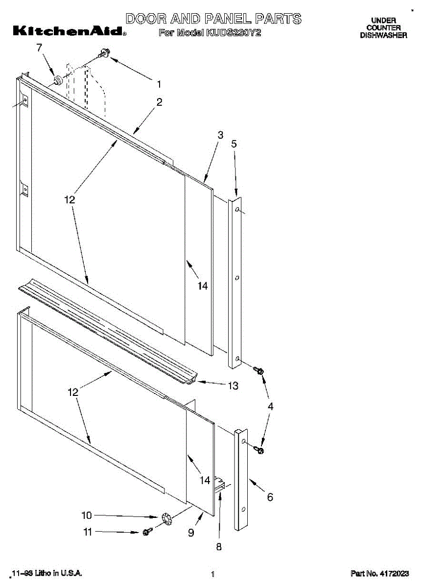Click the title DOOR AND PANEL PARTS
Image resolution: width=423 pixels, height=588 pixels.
(213, 19)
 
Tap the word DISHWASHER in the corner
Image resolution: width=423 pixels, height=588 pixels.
(383, 35)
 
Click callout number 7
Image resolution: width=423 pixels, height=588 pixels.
(40, 48)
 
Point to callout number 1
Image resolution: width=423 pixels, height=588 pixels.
(159, 84)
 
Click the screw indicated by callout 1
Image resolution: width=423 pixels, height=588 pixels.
(104, 54)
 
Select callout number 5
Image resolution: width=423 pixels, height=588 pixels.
(234, 144)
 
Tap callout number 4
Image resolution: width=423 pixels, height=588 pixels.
(270, 406)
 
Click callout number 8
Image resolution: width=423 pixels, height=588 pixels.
(219, 546)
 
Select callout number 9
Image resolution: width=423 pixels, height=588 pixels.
(191, 533)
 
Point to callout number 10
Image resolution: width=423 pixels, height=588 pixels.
(86, 515)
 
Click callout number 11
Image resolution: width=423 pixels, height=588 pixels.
(88, 532)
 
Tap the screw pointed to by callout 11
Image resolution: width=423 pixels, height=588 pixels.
(146, 532)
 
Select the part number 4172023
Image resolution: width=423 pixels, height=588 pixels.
(379, 573)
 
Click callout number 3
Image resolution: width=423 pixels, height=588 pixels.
(220, 135)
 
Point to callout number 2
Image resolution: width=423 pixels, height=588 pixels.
(159, 102)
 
